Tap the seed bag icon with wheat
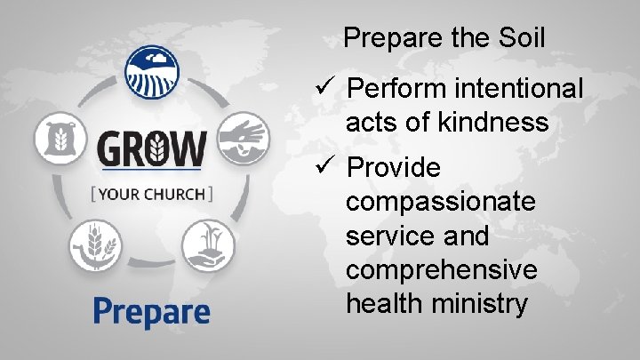coord(59,139)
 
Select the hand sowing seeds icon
coord(243,139)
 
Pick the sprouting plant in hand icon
coord(208,244)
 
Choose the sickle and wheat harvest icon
coord(94,244)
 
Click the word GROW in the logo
coord(150,148)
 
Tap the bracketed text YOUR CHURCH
coord(150,193)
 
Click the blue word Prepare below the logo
coord(152,311)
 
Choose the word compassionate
coord(441,202)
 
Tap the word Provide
coord(394,167)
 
